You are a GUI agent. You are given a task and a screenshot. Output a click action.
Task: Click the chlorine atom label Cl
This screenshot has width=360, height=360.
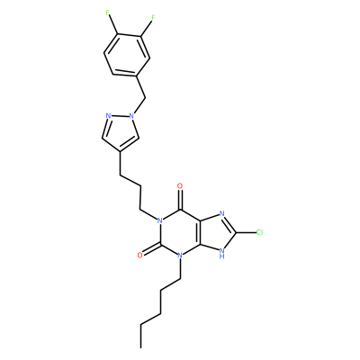coord(259,232)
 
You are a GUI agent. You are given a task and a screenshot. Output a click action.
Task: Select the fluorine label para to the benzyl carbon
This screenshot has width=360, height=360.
coord(108,13)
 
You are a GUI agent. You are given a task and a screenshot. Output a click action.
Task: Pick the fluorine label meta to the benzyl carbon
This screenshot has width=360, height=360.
coord(153,18)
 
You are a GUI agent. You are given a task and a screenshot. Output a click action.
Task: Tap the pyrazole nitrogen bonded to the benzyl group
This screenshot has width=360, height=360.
coord(131,115)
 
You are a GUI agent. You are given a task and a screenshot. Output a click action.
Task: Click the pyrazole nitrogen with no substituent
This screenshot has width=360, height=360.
coord(108,115)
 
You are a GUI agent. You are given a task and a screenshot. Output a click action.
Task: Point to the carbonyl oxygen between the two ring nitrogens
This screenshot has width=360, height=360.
coord(139,256)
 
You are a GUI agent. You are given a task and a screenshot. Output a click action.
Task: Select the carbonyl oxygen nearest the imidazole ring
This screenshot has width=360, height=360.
coord(180,186)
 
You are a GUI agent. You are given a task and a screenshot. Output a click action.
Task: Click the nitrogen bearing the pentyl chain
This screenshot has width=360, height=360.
coord(180,256)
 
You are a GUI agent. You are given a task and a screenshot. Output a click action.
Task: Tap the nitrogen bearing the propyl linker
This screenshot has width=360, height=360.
coord(160,220)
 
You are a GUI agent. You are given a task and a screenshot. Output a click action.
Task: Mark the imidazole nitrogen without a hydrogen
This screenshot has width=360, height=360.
coord(222,213)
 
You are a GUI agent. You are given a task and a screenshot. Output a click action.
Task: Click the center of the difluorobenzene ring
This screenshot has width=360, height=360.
coord(126,54)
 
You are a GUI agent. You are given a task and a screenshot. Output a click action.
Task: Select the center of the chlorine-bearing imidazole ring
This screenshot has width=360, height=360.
coord(217,232)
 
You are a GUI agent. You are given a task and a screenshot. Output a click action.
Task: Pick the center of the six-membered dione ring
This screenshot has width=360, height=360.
coord(180,232)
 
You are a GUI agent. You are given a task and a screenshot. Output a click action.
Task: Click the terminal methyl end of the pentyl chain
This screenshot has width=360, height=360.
coord(140,347)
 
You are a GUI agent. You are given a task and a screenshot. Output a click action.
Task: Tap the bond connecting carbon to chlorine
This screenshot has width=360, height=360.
coord(246,232)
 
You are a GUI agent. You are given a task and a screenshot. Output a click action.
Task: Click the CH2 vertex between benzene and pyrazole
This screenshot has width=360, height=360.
coord(146,97)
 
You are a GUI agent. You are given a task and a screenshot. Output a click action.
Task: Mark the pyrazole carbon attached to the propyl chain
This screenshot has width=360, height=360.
coord(121,151)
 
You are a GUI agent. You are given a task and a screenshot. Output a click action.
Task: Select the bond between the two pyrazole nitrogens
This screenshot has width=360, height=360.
coord(120,115)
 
